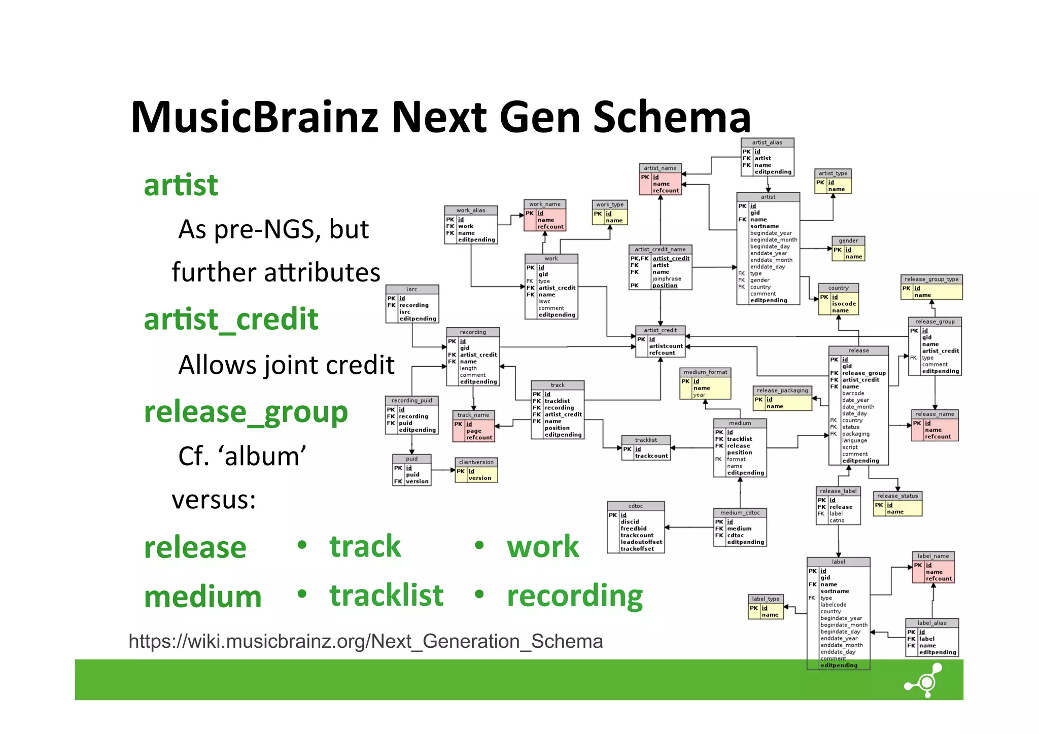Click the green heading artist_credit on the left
(231, 320)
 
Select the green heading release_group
(246, 412)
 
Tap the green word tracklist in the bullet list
(387, 596)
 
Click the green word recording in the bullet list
(575, 596)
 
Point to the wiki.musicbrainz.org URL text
(365, 642)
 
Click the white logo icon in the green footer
(924, 681)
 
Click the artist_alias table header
(767, 143)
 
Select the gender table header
(848, 240)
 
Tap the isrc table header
(411, 289)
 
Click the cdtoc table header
(635, 506)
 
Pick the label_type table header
(766, 599)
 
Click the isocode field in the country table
(843, 304)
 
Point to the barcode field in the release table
(853, 393)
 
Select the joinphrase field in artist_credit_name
(667, 279)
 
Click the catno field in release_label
(837, 520)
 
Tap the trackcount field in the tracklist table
(651, 456)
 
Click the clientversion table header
(476, 462)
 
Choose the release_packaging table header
(782, 390)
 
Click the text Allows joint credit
(286, 365)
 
